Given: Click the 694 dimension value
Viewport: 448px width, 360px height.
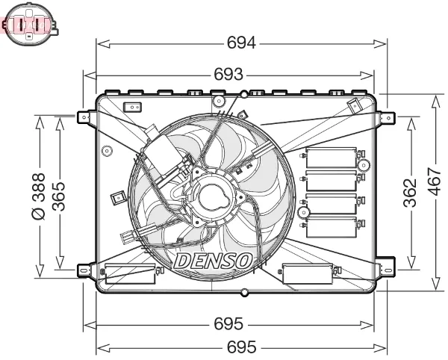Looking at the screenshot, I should pos(241,43).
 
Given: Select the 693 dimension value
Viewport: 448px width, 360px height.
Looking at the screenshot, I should pos(228,75).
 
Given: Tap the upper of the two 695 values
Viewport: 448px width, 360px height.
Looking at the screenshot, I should pos(228,324).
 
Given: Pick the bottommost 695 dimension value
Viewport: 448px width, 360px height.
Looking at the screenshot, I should pos(241,347).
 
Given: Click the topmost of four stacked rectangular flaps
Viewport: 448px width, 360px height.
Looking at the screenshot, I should pos(332,158).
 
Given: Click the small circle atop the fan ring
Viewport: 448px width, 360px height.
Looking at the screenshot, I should pos(244,95).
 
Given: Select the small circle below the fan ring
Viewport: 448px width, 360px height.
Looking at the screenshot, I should pos(244,291).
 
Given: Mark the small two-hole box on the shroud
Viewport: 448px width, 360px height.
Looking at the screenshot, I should pos(133,108).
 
